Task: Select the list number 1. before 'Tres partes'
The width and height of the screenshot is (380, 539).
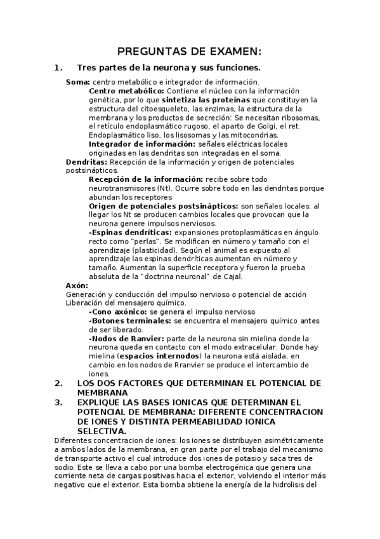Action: tap(58, 67)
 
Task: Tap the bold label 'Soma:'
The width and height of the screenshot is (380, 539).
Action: tap(78, 82)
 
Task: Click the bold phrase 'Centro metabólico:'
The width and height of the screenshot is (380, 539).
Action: tap(126, 91)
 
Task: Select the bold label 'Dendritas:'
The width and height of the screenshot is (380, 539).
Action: tap(87, 162)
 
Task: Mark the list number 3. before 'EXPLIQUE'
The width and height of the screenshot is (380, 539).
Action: tap(58, 402)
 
